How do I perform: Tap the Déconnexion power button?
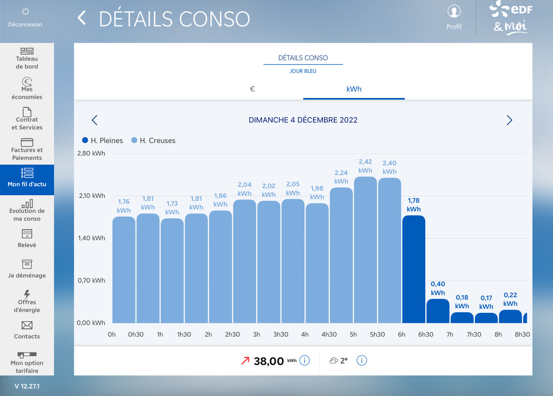tap(25, 11)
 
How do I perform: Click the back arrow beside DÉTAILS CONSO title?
tap(82, 18)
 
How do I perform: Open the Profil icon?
tap(454, 11)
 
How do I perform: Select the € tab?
tap(252, 89)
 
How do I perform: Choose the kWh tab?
tap(354, 89)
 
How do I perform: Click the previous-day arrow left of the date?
tap(95, 120)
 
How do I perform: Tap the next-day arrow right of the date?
tap(509, 120)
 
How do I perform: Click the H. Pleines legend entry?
tap(102, 141)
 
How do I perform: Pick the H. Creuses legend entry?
tap(153, 141)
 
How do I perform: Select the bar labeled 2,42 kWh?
tap(365, 249)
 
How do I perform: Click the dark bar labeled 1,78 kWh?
tap(414, 269)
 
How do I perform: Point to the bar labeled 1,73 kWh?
tap(172, 270)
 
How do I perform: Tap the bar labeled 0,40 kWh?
tap(438, 311)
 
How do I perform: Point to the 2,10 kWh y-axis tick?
tap(92, 196)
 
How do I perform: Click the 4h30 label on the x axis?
tap(329, 334)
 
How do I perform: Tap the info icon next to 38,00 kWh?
tap(304, 360)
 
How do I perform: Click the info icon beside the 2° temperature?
tap(361, 360)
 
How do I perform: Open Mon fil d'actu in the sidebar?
tap(27, 180)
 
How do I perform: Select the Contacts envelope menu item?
tap(27, 330)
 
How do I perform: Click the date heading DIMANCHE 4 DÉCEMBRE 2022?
tap(303, 120)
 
